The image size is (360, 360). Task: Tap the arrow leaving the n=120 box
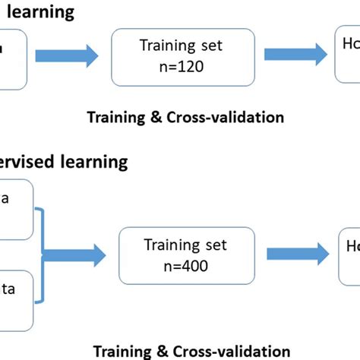coord(292,55)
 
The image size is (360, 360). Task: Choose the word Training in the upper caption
coord(114,117)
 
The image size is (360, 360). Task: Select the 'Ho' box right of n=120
coord(347,53)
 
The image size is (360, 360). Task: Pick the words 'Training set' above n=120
coord(181,45)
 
